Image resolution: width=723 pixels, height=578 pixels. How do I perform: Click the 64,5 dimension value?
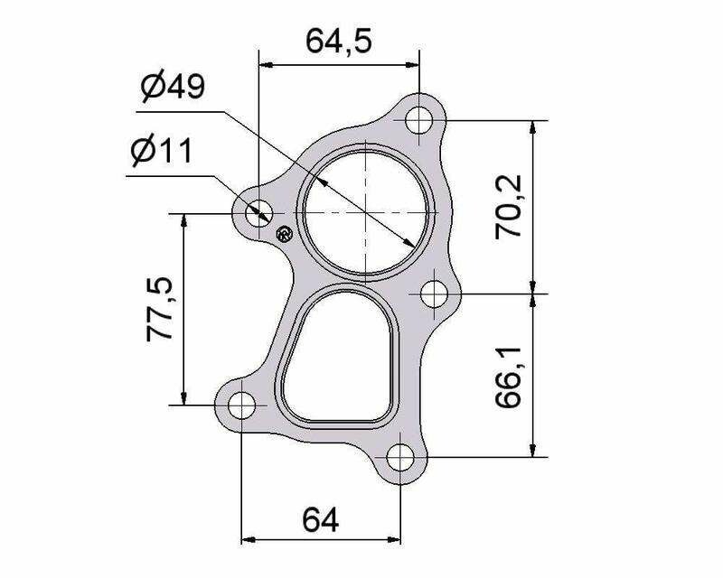click(339, 41)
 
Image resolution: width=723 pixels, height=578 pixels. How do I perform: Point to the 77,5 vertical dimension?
click(160, 309)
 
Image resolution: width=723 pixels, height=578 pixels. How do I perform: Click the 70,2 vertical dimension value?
click(508, 207)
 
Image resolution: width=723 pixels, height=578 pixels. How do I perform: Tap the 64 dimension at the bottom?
click(321, 519)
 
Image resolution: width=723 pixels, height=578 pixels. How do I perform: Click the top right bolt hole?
click(419, 120)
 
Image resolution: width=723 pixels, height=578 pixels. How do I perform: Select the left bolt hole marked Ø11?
click(258, 213)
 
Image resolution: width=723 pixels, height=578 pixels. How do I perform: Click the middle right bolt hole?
click(435, 294)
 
